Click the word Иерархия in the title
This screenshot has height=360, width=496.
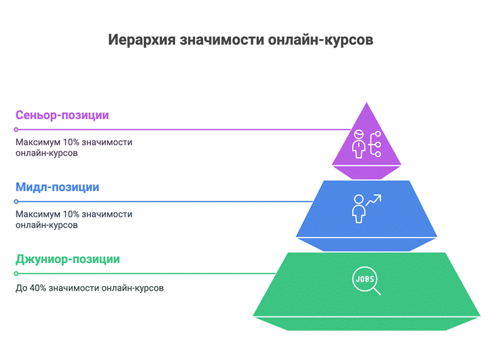(142, 40)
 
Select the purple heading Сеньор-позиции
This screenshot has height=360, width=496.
(62, 115)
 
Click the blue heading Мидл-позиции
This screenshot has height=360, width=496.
(57, 188)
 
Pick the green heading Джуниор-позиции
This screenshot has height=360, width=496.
(67, 260)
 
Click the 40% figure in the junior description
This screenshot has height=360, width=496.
(38, 288)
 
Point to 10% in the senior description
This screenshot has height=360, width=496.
(71, 143)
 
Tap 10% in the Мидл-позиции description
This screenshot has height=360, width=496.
(71, 215)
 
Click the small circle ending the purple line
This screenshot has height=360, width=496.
(16, 129)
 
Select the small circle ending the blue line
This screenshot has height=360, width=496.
(16, 201)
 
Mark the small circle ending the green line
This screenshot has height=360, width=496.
(16, 273)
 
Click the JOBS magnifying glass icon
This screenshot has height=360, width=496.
(367, 281)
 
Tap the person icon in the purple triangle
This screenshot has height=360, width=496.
(359, 144)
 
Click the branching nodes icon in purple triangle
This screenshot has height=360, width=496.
(375, 144)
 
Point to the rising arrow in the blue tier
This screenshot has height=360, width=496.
(374, 200)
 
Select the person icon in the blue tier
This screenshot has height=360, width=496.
(359, 209)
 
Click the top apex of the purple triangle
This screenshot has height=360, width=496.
(367, 102)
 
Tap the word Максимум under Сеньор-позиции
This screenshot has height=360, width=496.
(38, 143)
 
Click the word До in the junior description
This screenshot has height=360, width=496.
(22, 288)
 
